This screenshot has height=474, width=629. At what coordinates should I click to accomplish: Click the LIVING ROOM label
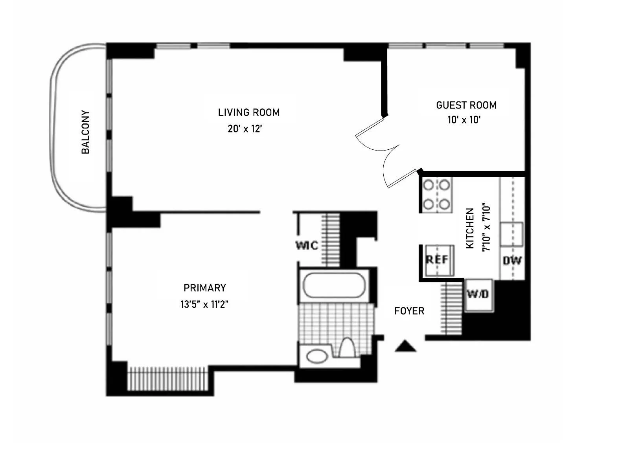(249, 112)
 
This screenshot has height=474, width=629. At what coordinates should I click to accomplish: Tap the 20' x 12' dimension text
(245, 129)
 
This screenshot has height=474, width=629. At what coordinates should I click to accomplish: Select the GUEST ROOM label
(466, 105)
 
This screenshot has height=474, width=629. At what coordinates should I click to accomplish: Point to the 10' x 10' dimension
(464, 120)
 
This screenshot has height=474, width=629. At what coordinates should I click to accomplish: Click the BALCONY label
(85, 132)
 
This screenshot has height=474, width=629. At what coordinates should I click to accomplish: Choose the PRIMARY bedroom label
(205, 288)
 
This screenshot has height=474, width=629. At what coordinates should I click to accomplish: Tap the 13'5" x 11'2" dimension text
(204, 304)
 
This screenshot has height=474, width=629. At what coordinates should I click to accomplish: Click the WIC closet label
(307, 246)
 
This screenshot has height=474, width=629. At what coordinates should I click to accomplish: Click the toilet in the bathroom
(347, 347)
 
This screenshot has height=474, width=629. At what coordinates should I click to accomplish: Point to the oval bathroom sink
(317, 356)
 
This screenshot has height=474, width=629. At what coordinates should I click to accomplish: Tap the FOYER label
(409, 311)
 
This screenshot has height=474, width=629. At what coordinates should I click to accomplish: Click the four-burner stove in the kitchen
(436, 195)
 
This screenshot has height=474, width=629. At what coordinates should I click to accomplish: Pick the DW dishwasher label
(512, 260)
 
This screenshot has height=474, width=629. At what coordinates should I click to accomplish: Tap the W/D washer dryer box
(478, 295)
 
